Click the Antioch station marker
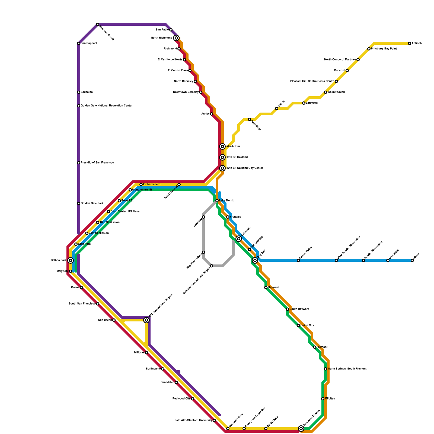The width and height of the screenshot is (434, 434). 410,43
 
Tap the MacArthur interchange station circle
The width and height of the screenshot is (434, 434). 222,146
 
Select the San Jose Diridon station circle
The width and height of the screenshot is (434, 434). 301,429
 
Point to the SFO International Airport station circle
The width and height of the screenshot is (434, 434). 146,320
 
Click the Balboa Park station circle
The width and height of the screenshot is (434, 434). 71,260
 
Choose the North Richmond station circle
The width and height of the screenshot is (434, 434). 176,38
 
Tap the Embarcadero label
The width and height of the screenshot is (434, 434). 152,184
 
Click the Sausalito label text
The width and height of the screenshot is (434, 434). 87,92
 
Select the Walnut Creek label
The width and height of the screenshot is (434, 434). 336,92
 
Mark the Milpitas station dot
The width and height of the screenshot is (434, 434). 323,399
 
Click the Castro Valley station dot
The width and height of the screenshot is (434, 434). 298,260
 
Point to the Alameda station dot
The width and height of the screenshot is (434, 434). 203,217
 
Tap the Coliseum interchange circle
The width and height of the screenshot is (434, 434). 239,239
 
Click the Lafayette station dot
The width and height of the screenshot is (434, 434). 304,103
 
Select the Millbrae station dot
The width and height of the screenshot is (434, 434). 146,353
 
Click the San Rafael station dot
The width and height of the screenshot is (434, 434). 79,43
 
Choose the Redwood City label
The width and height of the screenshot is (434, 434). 181,399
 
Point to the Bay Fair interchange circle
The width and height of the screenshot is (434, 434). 255,260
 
